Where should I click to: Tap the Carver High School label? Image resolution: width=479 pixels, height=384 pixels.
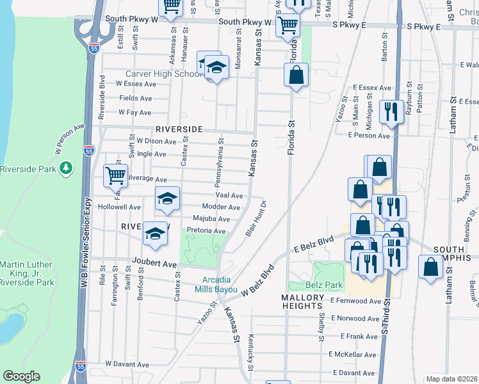163,74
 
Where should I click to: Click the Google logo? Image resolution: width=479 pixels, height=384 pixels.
21,376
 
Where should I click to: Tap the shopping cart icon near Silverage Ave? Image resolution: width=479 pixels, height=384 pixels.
116,175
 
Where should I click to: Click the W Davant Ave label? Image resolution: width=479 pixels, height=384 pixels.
127,364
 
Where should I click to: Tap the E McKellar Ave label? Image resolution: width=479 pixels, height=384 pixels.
352,354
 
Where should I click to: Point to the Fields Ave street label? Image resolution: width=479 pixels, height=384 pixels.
136,98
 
